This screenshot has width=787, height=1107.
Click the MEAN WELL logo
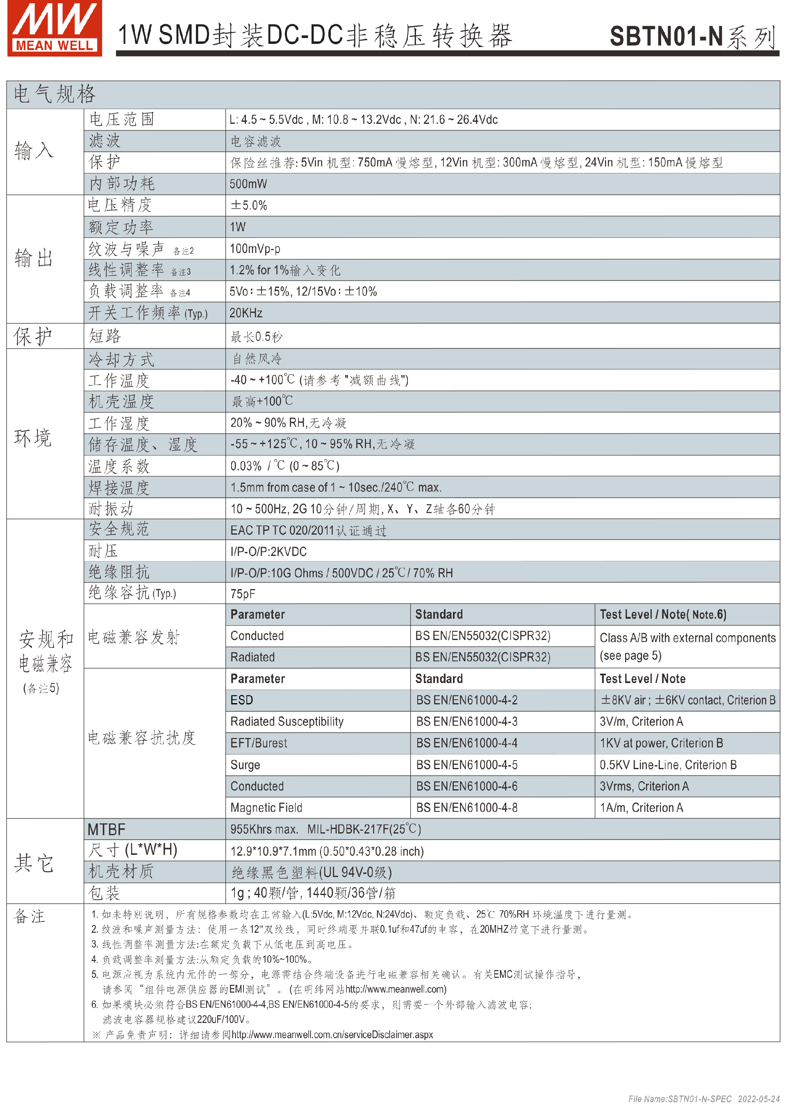[x=54, y=28]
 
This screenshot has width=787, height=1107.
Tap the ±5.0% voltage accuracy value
[x=249, y=205]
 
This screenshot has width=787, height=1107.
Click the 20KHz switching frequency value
[x=246, y=313]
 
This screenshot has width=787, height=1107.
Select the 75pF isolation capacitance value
[x=243, y=594]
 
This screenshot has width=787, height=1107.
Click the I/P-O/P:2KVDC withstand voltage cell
[x=268, y=551]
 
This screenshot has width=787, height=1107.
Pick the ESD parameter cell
[x=242, y=700]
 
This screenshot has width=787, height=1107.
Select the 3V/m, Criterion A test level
[x=641, y=722]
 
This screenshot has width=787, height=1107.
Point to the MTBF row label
[x=107, y=830]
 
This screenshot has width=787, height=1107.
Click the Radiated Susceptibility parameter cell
[x=287, y=722]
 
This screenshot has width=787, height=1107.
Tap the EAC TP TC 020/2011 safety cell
[x=308, y=530]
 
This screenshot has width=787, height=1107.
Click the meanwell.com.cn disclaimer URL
[x=332, y=1035]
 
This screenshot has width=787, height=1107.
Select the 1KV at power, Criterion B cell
[x=661, y=743]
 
